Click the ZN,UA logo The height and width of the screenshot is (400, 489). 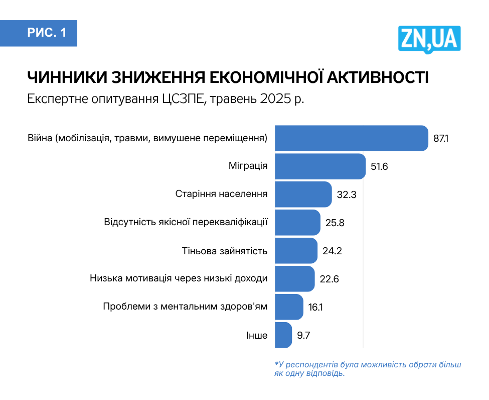tap(429, 38)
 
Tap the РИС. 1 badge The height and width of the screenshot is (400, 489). tap(46, 33)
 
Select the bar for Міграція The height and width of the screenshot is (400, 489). tap(320, 166)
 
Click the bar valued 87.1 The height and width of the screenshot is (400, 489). tap(352, 138)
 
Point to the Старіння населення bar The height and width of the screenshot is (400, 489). tap(303, 194)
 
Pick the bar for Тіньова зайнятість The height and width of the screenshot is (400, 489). tap(296, 251)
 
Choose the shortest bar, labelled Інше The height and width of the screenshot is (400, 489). tap(283, 335)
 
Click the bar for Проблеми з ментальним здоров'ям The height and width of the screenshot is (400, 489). tap(289, 307)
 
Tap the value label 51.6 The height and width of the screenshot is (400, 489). tap(380, 166)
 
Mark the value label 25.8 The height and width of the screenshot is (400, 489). tap(335, 223)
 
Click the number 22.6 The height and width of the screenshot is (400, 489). tap(329, 279)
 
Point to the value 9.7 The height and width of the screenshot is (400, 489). tap(304, 335)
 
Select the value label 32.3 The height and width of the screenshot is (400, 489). tap(347, 194)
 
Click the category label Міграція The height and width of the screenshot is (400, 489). tap(248, 166)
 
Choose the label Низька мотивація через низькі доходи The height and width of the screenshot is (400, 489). tap(179, 278)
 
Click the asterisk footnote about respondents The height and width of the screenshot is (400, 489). tap(367, 369)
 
